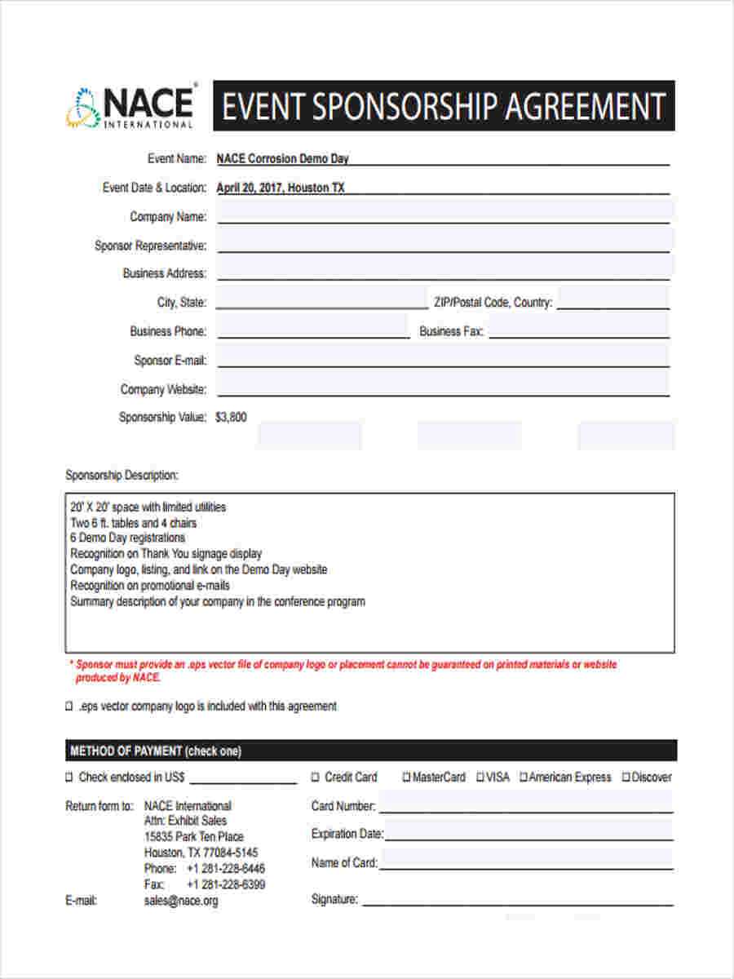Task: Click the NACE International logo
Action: coord(130,106)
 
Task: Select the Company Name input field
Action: coord(444,215)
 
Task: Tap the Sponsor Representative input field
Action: coord(444,244)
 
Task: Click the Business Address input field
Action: coord(444,272)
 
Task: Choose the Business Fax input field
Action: coord(578,330)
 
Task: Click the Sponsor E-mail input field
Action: coord(444,359)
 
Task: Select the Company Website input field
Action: coord(444,388)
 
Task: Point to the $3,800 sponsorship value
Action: coord(231,418)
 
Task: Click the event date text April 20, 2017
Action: coord(249,188)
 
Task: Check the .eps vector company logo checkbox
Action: coord(69,707)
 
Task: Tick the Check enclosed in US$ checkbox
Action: coord(69,777)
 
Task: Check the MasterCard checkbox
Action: coord(406,777)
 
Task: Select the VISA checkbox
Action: coord(480,777)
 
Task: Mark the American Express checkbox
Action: coord(524,777)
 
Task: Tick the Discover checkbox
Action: coord(626,777)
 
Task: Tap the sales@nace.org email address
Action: coord(181,901)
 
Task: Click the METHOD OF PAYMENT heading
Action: coord(156,751)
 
